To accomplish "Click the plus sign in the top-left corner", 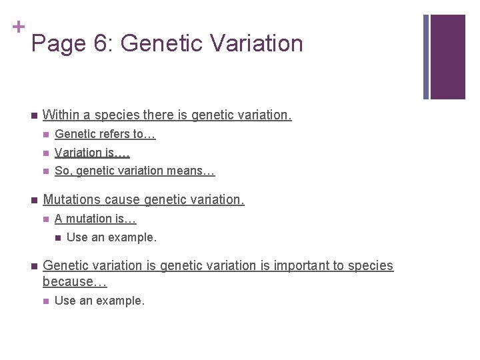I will (18, 27).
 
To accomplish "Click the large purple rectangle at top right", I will (447, 57).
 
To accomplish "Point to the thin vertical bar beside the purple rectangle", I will (427, 57).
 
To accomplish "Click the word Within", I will (66, 115).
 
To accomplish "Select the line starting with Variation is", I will (92, 153).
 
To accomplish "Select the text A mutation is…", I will (95, 219).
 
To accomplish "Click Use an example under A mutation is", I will (111, 237).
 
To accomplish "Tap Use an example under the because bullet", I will (99, 301).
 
